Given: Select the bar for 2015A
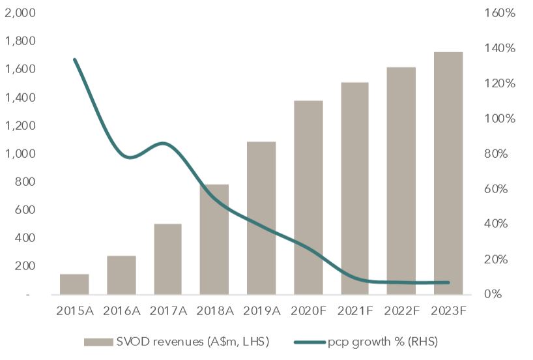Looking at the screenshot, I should (74, 284).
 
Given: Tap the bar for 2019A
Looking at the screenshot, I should (261, 218).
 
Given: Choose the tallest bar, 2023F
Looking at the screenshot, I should (448, 173).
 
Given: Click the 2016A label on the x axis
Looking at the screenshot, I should (121, 310).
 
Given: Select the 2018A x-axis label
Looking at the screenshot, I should (214, 310).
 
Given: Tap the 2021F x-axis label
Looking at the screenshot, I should (355, 310).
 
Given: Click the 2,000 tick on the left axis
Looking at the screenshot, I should (20, 13).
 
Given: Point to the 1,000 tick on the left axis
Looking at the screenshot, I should (20, 154).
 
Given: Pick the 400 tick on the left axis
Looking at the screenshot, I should (25, 238).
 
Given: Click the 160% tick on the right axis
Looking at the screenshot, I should (498, 13).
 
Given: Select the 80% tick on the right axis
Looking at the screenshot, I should (498, 154).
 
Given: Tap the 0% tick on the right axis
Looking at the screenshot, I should (501, 295).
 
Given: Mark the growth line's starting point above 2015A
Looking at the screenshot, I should (75, 60).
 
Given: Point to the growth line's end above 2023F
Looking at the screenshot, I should (448, 282).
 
